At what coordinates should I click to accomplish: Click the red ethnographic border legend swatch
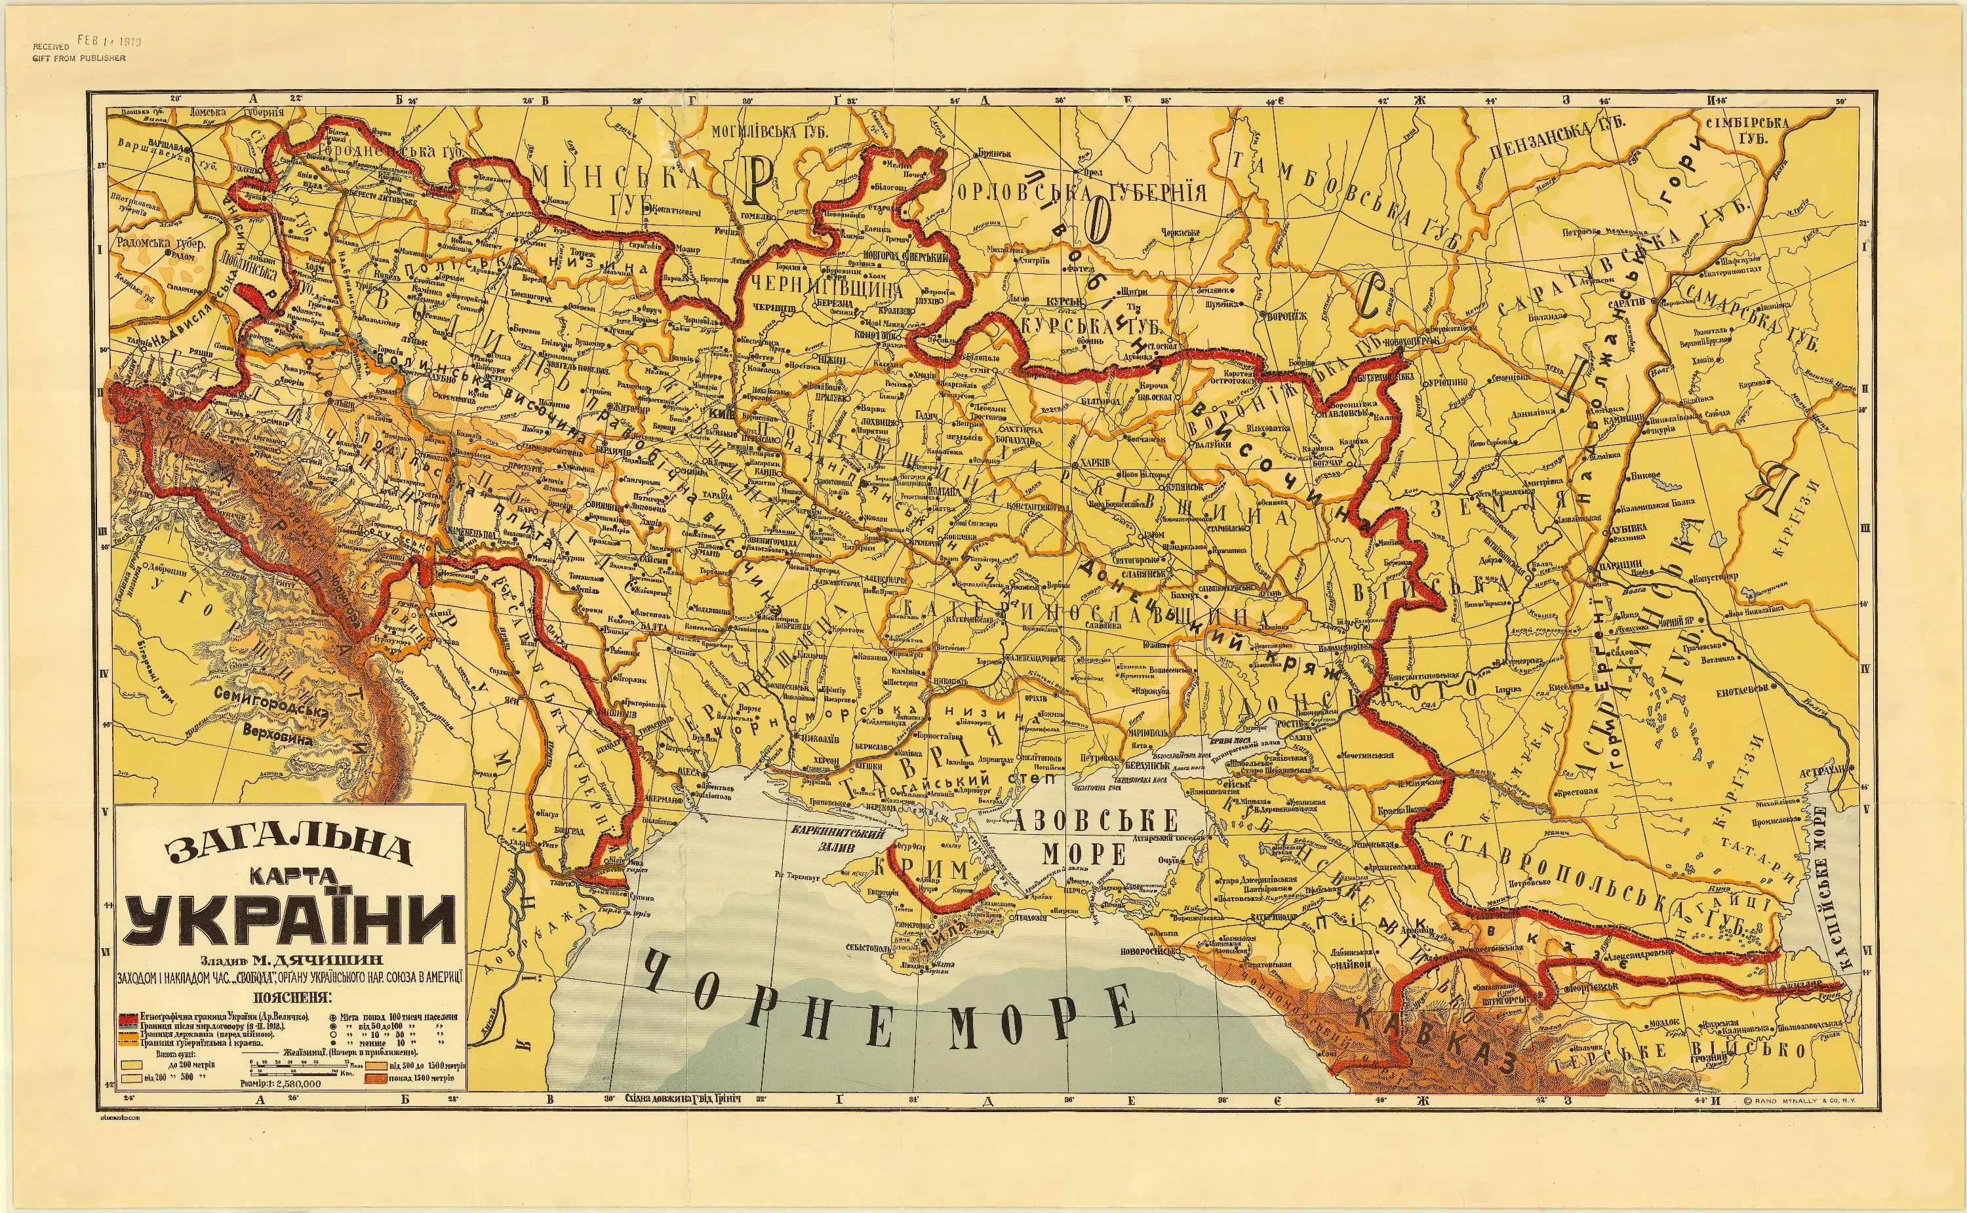(129, 1016)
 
